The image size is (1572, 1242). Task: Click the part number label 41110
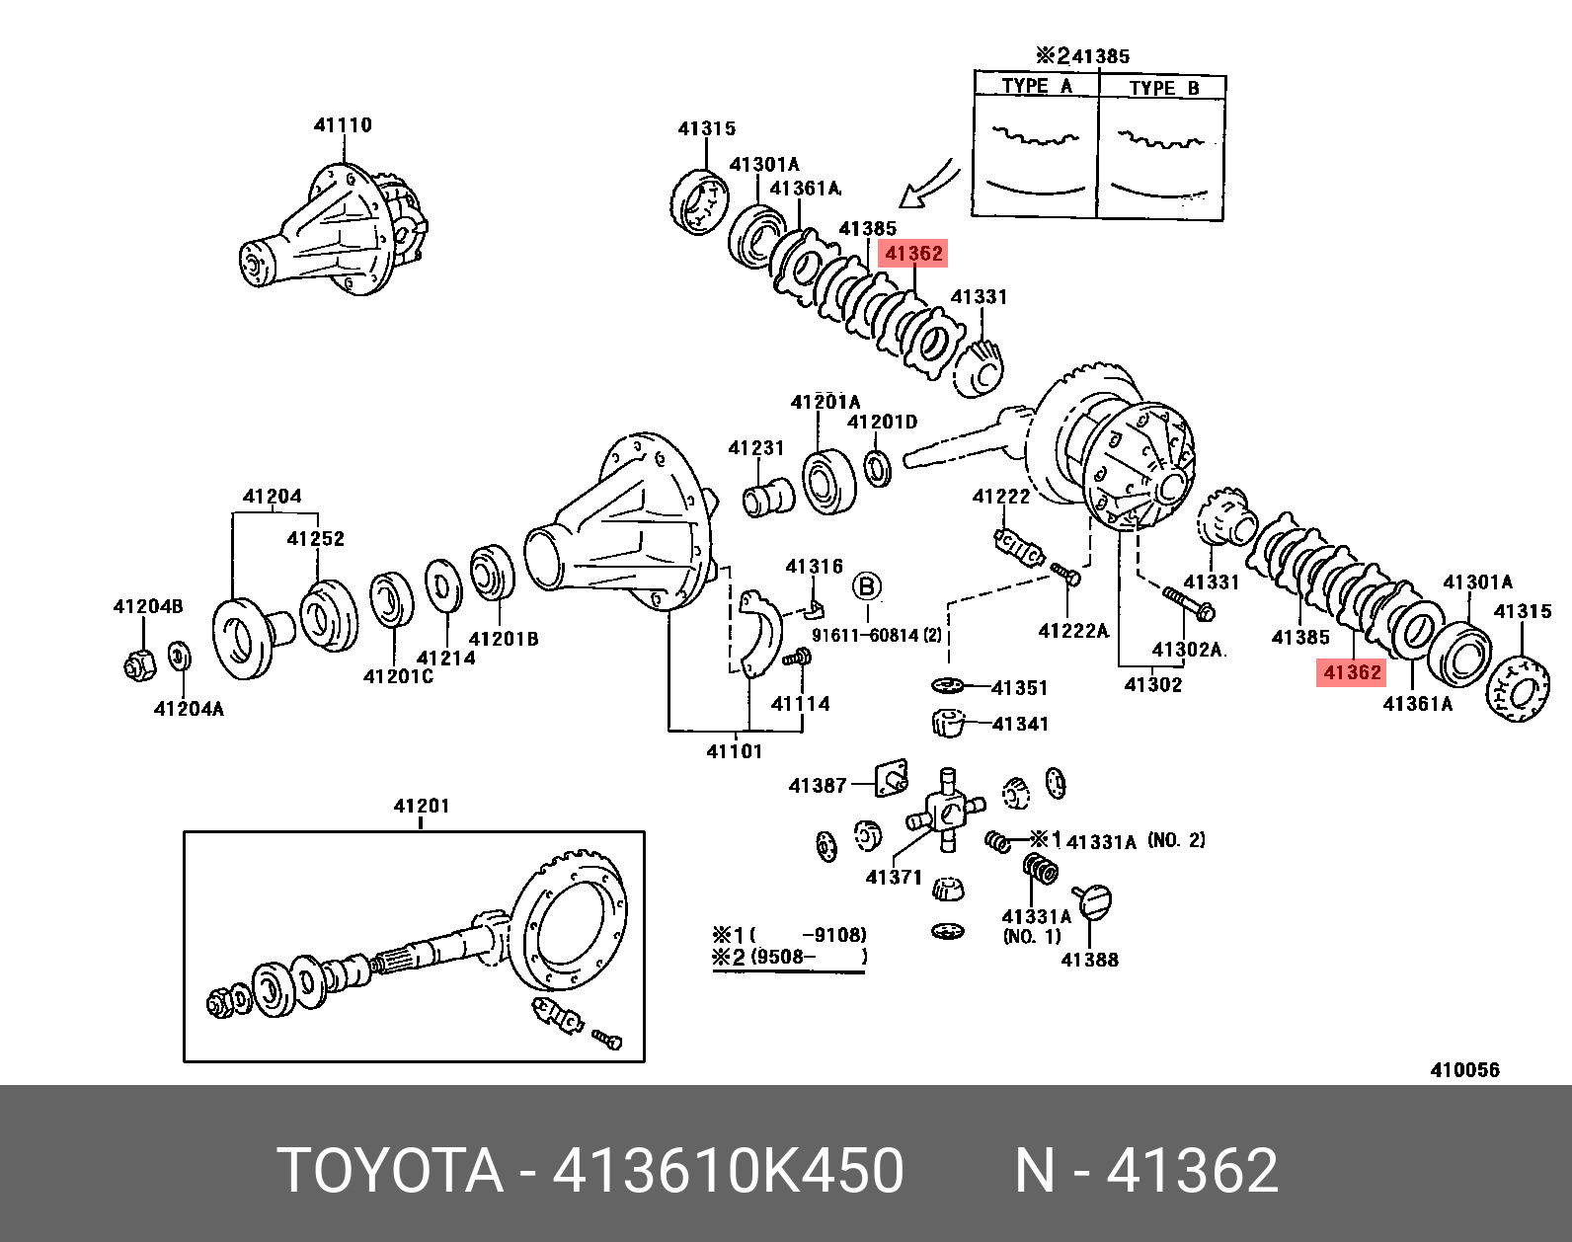(x=343, y=125)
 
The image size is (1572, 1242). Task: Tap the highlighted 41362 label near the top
(x=913, y=254)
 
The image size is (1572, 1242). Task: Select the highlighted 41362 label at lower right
(x=1351, y=673)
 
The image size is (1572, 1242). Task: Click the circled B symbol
(x=867, y=587)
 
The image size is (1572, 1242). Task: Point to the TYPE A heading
(x=1036, y=86)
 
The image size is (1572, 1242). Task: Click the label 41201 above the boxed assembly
(x=422, y=806)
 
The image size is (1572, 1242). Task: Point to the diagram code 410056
(x=1464, y=1069)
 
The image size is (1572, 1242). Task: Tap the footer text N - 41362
(x=1146, y=1170)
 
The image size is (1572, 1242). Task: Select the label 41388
(x=1089, y=959)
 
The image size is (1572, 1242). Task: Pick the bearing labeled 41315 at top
(x=699, y=202)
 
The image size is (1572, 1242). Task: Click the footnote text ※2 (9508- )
(x=789, y=957)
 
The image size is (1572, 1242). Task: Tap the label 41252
(x=315, y=539)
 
